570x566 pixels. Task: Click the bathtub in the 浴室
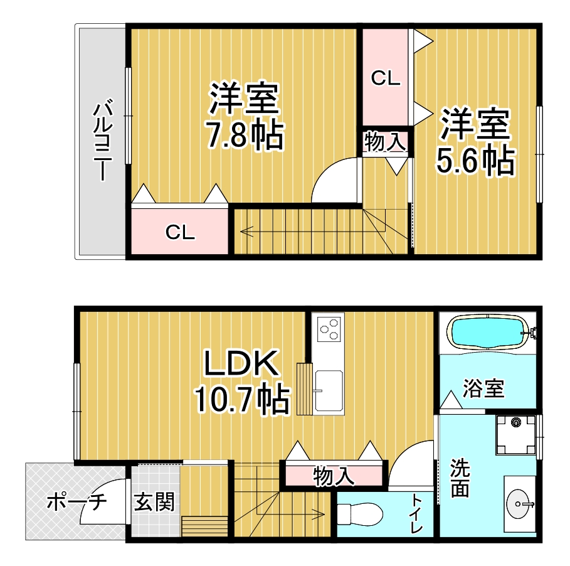tap(490, 333)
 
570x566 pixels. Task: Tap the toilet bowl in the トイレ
tap(360, 514)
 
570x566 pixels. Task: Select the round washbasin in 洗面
tap(519, 503)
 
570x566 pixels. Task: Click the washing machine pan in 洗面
tap(516, 435)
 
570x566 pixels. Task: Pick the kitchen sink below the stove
tap(328, 391)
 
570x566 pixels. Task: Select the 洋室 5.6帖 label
tap(475, 141)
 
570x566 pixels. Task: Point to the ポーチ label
tap(77, 502)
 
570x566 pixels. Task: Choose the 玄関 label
tap(154, 501)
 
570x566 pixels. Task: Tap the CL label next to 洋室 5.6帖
tap(386, 78)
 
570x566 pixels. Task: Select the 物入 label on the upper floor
tap(386, 142)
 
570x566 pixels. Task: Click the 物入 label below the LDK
tap(334, 476)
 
